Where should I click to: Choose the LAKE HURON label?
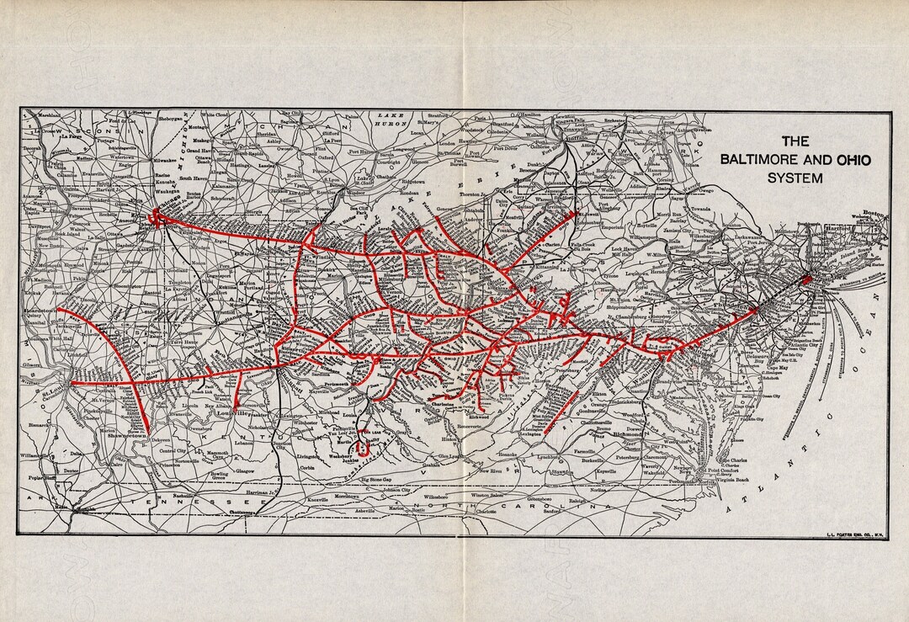391,118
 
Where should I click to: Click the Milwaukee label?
164,159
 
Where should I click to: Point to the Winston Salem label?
483,496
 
